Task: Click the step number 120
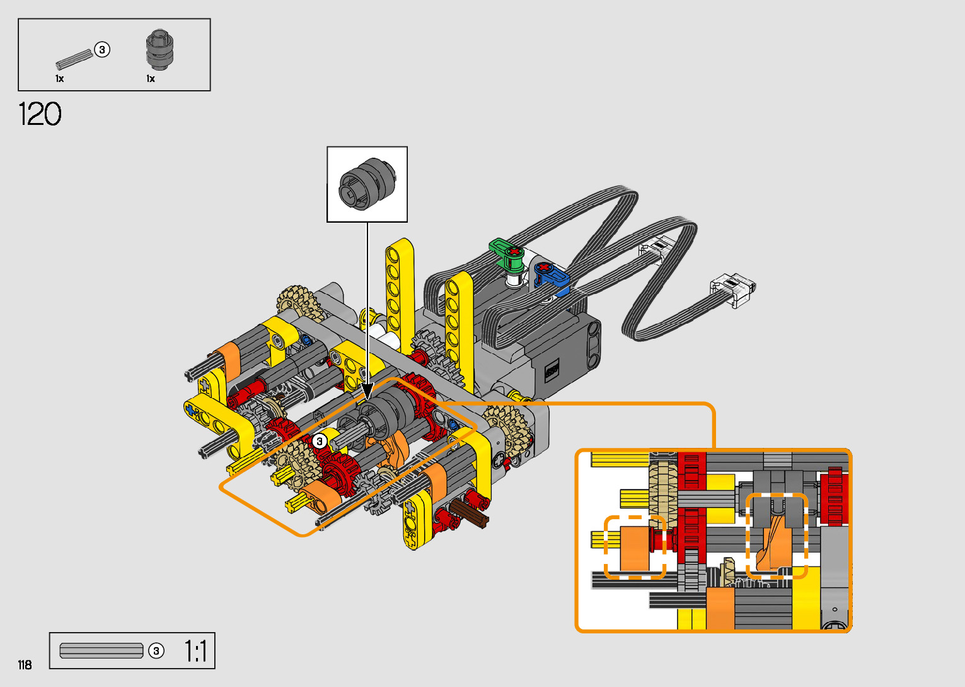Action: pyautogui.click(x=40, y=114)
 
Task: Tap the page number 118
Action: pyautogui.click(x=25, y=664)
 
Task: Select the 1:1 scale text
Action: pyautogui.click(x=196, y=651)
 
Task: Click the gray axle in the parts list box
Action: pyautogui.click(x=74, y=59)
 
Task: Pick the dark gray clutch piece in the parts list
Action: pyautogui.click(x=160, y=50)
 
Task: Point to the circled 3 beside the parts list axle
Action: pyautogui.click(x=102, y=50)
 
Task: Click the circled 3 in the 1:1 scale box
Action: pyautogui.click(x=156, y=651)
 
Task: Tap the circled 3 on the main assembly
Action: pyautogui.click(x=319, y=441)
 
